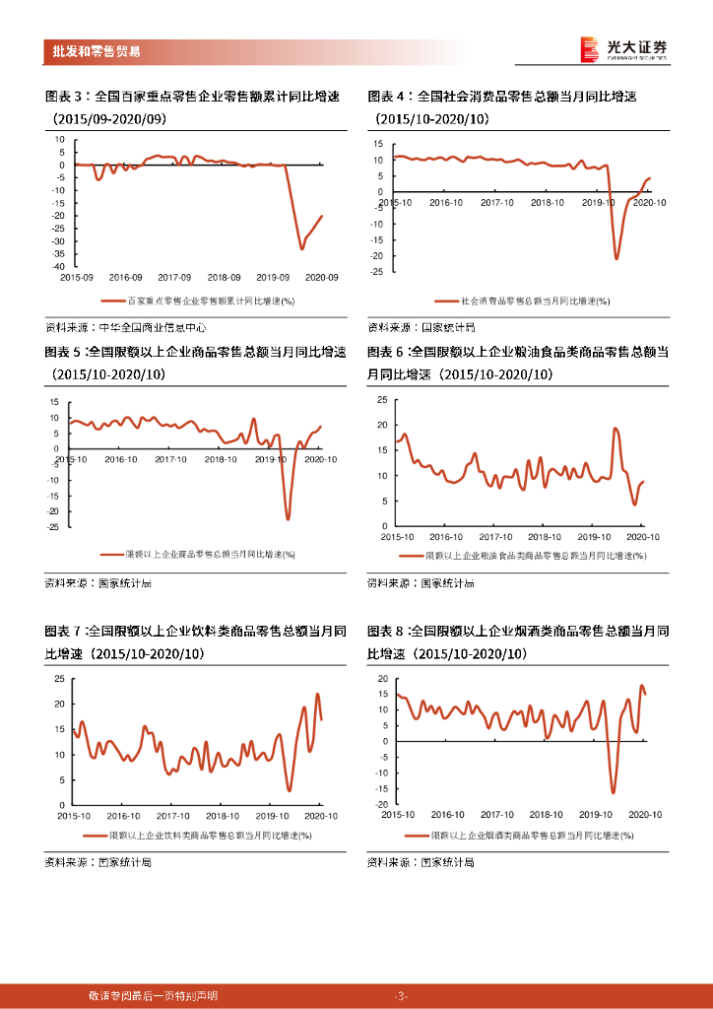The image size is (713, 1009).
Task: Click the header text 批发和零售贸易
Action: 95,51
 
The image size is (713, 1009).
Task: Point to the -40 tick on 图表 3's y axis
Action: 59,267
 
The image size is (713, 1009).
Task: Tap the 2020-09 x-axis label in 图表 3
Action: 321,278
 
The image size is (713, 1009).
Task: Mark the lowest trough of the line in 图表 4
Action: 616,258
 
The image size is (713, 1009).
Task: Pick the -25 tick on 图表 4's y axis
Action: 376,273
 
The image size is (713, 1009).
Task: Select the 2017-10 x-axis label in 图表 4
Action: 496,201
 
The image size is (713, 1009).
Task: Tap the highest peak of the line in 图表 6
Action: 616,428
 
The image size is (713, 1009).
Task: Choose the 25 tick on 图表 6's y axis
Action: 382,399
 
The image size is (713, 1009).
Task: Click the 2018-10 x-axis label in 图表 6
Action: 545,537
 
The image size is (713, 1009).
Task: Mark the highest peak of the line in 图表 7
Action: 317,694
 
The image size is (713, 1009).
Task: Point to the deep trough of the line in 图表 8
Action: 613,792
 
